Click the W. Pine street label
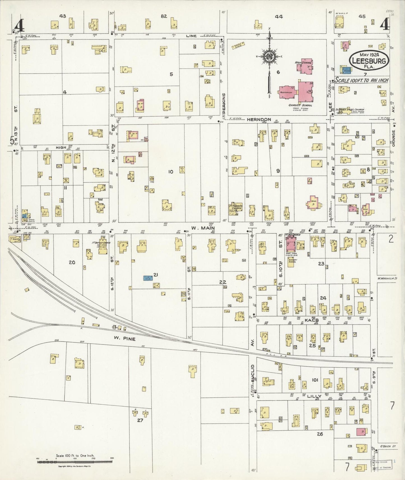coord(124,339)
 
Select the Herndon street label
coord(259,120)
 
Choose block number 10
coord(170,172)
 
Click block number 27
coord(140,420)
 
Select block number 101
coord(315,380)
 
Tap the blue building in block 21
coord(147,278)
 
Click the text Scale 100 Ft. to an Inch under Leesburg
coord(362,80)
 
